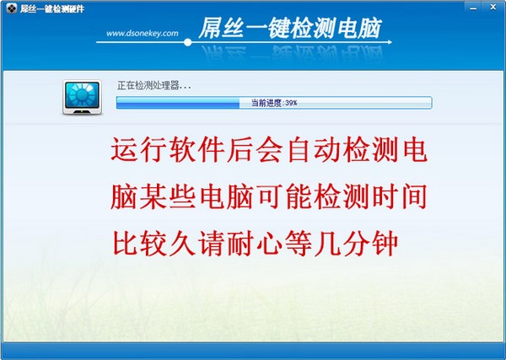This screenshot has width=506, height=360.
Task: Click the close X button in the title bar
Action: (x=493, y=7)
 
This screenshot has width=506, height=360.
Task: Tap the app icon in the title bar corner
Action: (x=12, y=8)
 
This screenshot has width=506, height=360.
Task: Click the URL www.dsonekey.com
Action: (x=143, y=33)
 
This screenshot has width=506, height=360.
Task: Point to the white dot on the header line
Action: (x=187, y=42)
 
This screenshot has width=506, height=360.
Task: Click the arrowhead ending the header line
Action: (x=390, y=42)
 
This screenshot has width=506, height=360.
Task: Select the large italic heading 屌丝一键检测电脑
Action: (x=290, y=28)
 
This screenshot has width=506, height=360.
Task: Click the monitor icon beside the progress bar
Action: (x=82, y=98)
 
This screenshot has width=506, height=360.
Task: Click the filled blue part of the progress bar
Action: (x=178, y=103)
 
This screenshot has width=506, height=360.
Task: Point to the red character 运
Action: (x=125, y=149)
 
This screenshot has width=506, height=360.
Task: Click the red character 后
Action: (x=240, y=149)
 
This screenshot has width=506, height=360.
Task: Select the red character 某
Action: (x=153, y=196)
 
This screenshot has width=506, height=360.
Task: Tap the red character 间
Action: (x=414, y=196)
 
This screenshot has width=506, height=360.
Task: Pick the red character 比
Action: (x=126, y=243)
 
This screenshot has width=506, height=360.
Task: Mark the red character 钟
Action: (x=385, y=243)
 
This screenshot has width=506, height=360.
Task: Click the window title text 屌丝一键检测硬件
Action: (x=52, y=8)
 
